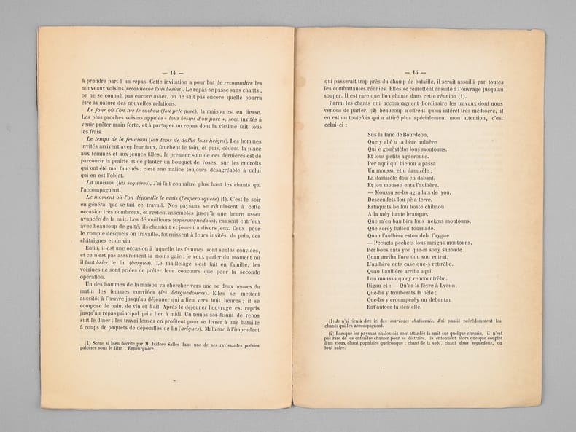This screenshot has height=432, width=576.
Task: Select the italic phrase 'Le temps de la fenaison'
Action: pyautogui.click(x=119, y=138)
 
